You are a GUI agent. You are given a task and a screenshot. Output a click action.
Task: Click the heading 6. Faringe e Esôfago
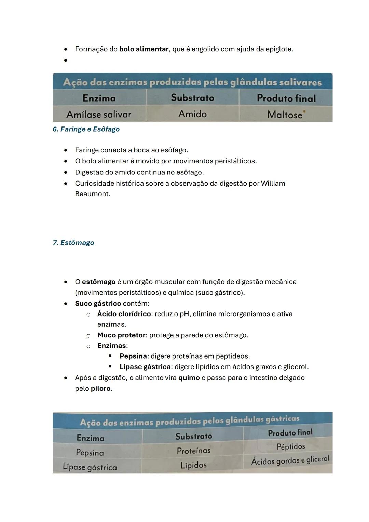tap(86, 129)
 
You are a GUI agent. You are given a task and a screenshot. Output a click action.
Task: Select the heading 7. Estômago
tap(73, 243)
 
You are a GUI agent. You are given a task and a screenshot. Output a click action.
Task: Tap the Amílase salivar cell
tap(99, 114)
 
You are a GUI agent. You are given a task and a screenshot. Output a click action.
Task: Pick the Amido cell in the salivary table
tap(192, 114)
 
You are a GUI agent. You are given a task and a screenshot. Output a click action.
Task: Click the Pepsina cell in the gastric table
tap(90, 452)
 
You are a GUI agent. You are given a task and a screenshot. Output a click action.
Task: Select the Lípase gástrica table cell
tap(90, 467)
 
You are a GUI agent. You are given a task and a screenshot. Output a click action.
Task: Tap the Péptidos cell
tap(291, 446)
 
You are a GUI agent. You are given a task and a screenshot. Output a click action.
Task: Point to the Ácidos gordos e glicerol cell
tap(290, 460)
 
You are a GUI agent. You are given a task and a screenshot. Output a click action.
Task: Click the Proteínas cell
tap(193, 451)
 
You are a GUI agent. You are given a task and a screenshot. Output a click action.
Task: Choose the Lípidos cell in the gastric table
tap(193, 465)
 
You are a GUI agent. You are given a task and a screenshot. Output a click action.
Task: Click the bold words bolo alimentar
tap(143, 49)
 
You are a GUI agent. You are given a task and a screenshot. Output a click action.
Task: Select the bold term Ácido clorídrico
tap(124, 314)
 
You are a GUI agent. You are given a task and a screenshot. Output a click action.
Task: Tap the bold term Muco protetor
tap(121, 335)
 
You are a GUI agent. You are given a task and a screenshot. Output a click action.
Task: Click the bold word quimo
tap(189, 378)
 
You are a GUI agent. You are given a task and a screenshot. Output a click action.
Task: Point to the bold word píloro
tap(100, 389)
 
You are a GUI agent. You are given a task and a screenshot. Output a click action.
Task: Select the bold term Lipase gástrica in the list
tap(145, 367)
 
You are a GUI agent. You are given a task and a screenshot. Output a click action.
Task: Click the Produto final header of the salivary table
tap(286, 98)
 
